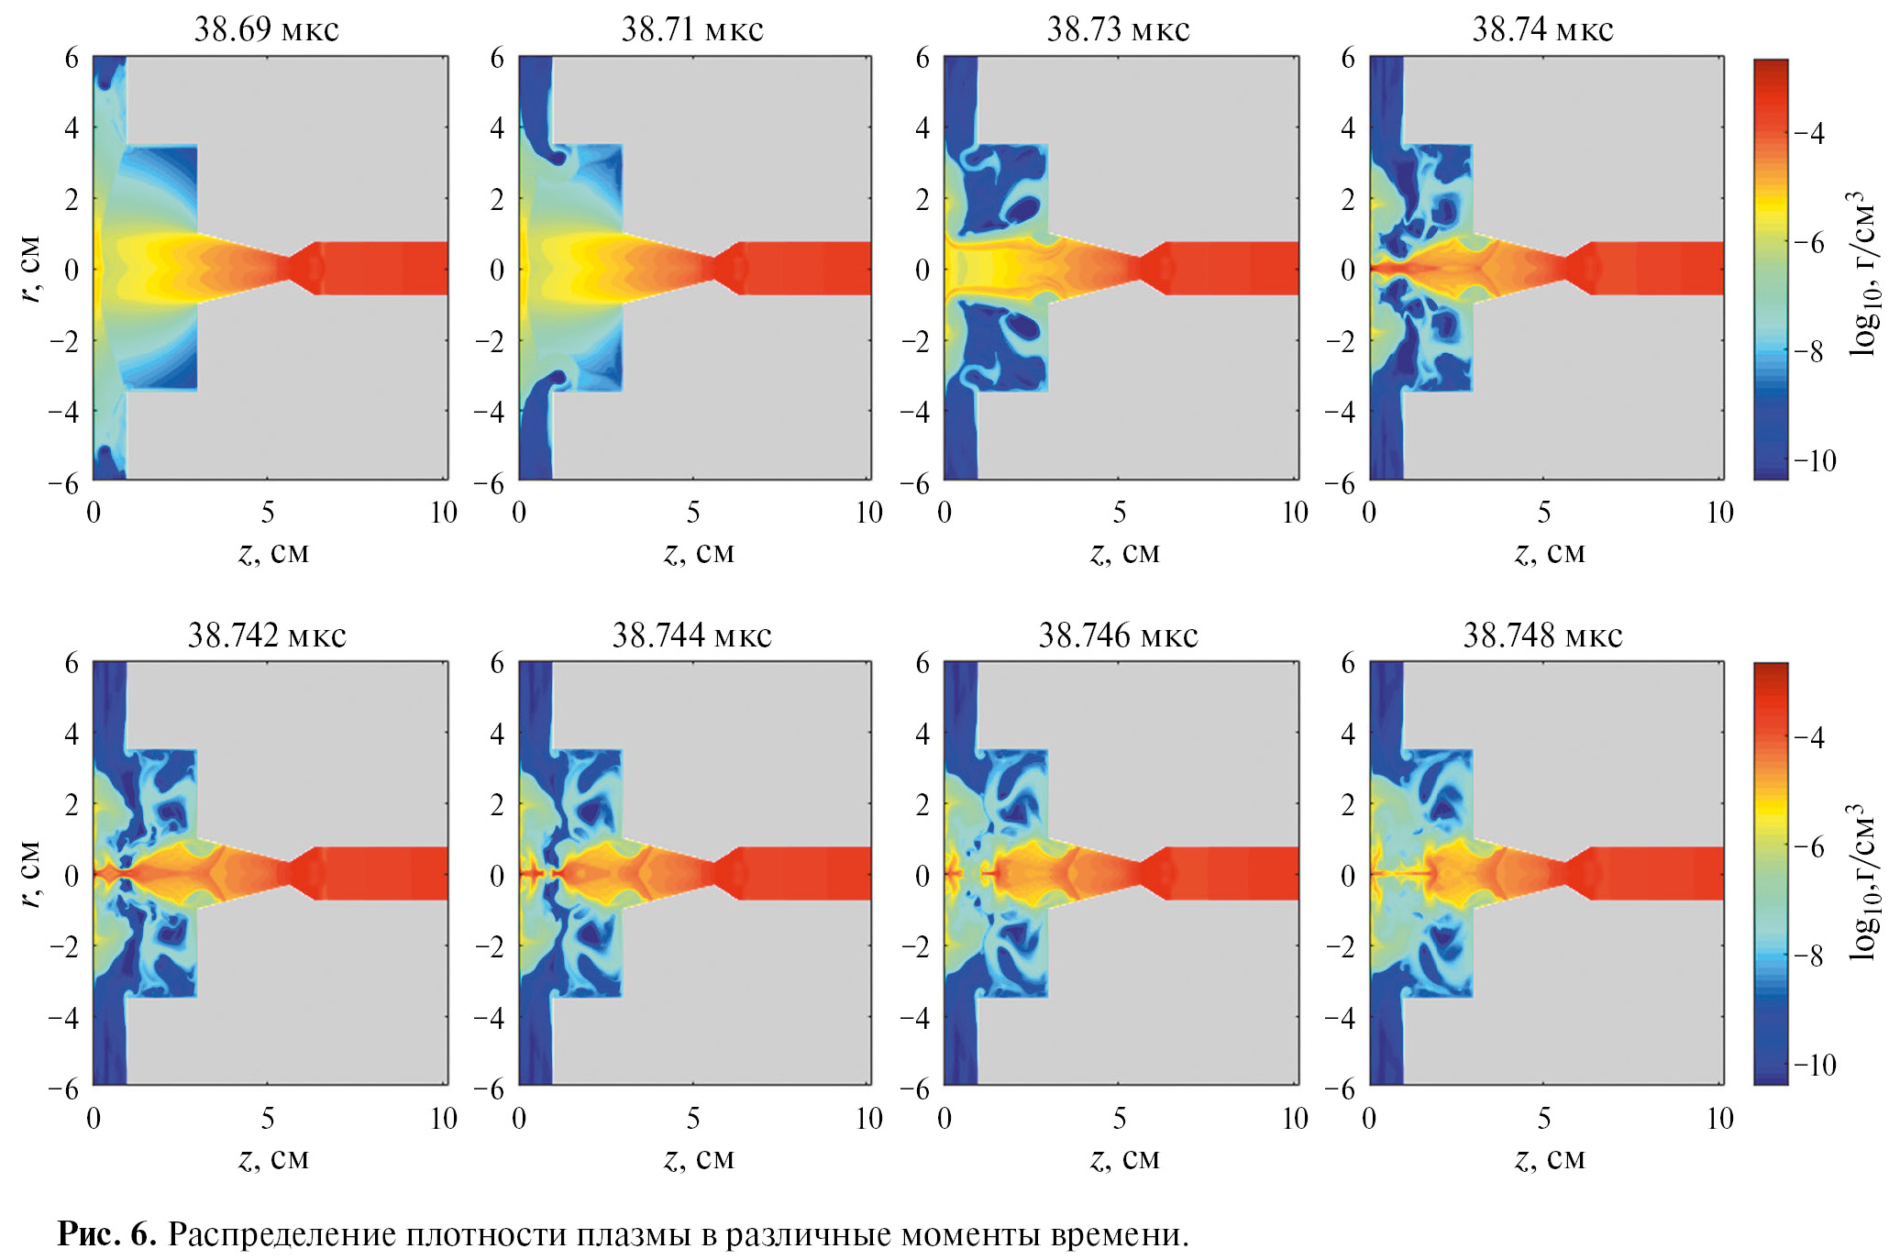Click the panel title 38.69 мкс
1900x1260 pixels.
[266, 29]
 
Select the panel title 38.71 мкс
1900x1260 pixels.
[691, 29]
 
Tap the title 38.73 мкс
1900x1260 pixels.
[1118, 29]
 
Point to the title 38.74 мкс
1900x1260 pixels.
[1542, 29]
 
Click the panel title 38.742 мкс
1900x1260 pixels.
[266, 635]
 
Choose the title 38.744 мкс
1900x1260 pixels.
[691, 635]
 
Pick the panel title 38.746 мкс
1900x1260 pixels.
[1118, 635]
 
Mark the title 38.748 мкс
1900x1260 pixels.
[1542, 635]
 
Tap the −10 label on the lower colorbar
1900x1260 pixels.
[1815, 1065]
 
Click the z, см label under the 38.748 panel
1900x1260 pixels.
[1550, 1158]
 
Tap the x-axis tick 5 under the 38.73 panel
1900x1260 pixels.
[1120, 512]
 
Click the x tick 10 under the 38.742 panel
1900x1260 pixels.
[444, 1118]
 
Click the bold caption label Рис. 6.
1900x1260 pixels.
[106, 1234]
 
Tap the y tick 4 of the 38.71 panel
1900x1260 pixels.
[497, 127]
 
